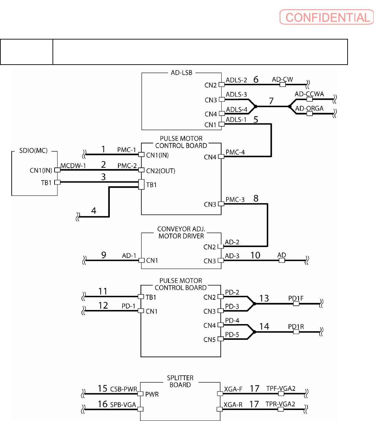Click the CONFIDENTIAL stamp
click(x=326, y=17)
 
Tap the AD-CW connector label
click(x=282, y=79)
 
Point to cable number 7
click(x=271, y=101)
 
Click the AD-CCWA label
click(x=309, y=94)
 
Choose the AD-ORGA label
click(x=309, y=108)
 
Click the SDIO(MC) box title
click(x=34, y=150)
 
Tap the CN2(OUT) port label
click(x=161, y=171)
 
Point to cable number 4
click(x=94, y=210)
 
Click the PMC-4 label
click(x=235, y=152)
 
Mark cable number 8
click(x=256, y=199)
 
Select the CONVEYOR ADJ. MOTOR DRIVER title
click(x=181, y=233)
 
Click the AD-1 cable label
click(x=129, y=256)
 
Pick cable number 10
click(x=255, y=255)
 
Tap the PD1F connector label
click(x=296, y=298)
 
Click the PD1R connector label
click(x=296, y=326)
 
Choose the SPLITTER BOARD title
click(x=180, y=381)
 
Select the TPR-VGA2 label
click(x=280, y=405)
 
